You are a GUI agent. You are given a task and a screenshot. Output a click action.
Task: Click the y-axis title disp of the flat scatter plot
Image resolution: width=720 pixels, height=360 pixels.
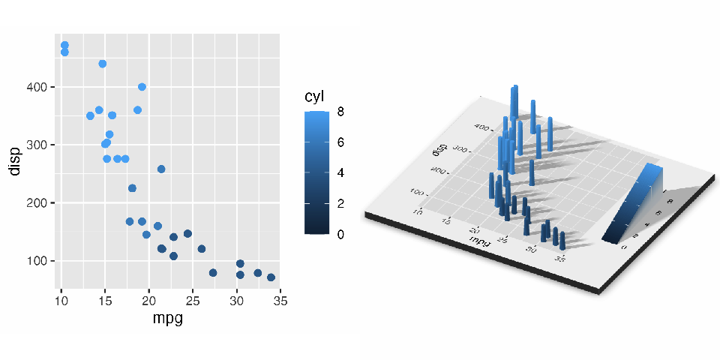pos(14,161)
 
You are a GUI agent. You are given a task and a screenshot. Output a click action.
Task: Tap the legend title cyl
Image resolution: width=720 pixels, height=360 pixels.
pos(314,97)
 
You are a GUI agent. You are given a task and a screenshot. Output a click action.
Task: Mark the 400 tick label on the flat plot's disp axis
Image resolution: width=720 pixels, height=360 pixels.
pos(40,87)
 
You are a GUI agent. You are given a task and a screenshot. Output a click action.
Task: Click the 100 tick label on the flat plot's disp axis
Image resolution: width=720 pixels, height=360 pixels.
pos(40,261)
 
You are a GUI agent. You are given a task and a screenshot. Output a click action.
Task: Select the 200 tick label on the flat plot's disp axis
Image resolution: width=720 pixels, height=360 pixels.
pos(40,203)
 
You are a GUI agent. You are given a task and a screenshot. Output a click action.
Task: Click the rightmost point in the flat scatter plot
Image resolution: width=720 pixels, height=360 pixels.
pos(271,277)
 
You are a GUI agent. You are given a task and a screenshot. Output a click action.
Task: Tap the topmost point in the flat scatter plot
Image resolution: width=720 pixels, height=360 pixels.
pos(64,46)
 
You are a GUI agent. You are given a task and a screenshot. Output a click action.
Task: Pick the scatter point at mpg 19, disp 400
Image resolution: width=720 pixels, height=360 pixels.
pos(142,87)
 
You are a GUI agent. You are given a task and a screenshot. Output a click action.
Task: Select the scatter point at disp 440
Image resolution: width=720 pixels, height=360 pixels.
pos(103,64)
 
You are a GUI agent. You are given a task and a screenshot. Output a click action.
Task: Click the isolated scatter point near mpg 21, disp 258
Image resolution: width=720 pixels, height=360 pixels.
pos(161,169)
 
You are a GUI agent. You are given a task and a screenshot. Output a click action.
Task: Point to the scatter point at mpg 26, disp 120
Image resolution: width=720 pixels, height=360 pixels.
pos(201,249)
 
